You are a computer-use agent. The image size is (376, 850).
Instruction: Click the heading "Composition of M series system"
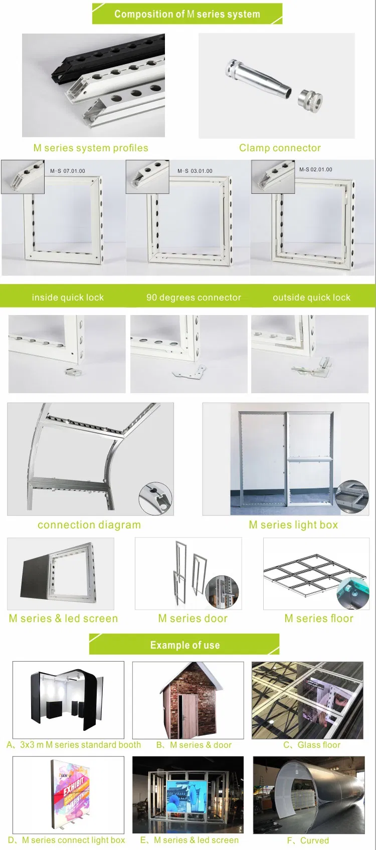187,14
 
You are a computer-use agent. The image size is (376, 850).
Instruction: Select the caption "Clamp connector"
280,148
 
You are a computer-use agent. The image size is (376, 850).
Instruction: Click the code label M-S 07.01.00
68,171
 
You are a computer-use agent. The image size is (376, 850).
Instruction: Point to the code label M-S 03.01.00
195,171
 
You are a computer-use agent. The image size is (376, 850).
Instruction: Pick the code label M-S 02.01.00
315,169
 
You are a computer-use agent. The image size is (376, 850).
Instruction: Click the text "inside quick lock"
68,298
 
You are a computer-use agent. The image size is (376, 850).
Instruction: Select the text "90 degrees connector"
194,298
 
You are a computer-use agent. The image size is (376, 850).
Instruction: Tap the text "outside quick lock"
311,298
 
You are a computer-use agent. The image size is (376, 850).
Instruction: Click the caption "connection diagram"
89,525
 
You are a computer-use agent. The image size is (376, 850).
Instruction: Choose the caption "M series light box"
293,525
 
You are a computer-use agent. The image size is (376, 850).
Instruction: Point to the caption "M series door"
193,619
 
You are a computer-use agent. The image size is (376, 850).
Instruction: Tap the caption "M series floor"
319,619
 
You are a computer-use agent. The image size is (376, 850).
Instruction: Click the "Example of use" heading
185,645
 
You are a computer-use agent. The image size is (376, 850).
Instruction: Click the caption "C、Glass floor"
312,745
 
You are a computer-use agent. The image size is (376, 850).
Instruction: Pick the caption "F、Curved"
308,840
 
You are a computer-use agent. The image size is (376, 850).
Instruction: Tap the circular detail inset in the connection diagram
155,499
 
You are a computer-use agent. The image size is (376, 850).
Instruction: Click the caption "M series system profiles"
91,148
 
